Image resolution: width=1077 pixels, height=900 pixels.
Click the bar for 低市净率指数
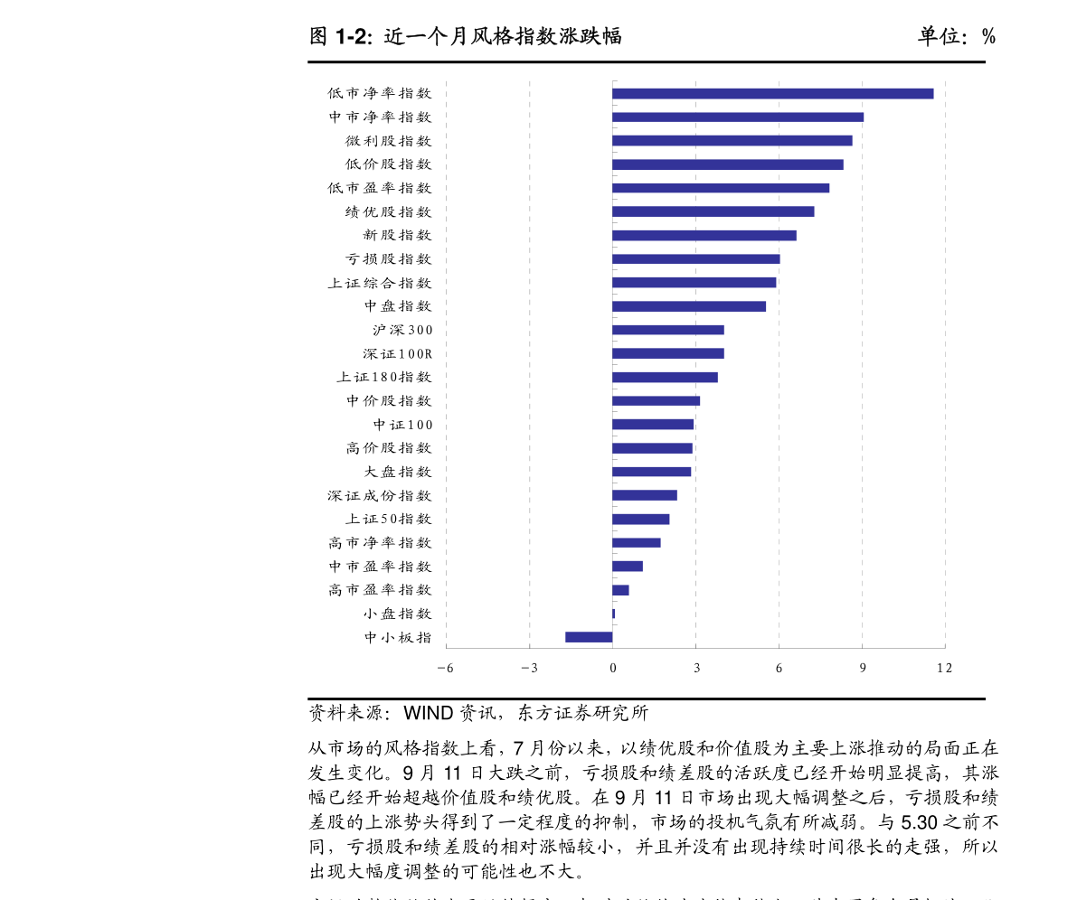(x=772, y=93)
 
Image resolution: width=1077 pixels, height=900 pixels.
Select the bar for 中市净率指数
(x=738, y=117)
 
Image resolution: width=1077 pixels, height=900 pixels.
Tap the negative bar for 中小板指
(x=589, y=637)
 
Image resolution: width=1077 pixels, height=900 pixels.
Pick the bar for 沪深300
(x=668, y=330)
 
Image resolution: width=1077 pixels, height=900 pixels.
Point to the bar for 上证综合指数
(x=694, y=282)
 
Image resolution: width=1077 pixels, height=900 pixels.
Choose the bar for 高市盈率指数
(x=620, y=590)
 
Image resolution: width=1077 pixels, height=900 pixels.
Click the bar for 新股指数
(x=704, y=235)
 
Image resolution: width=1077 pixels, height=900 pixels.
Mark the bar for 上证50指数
(x=641, y=519)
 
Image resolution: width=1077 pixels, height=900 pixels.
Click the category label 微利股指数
(x=388, y=141)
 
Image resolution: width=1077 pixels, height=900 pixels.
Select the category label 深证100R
(x=398, y=353)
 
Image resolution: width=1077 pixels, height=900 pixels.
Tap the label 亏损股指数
(x=388, y=259)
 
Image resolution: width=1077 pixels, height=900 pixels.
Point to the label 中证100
(x=402, y=425)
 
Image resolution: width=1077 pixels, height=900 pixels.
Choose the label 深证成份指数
(x=380, y=495)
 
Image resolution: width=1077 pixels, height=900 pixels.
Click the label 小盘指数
(x=398, y=614)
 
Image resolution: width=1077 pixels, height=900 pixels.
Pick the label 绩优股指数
(x=388, y=211)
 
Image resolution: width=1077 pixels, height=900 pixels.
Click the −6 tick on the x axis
(x=445, y=669)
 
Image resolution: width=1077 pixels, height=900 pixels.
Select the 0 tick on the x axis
(x=612, y=669)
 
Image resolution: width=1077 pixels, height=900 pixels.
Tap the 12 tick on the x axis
(x=944, y=669)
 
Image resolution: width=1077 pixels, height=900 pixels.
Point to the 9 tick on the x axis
(x=862, y=669)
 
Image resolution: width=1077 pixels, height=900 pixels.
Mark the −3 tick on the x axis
(x=529, y=669)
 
